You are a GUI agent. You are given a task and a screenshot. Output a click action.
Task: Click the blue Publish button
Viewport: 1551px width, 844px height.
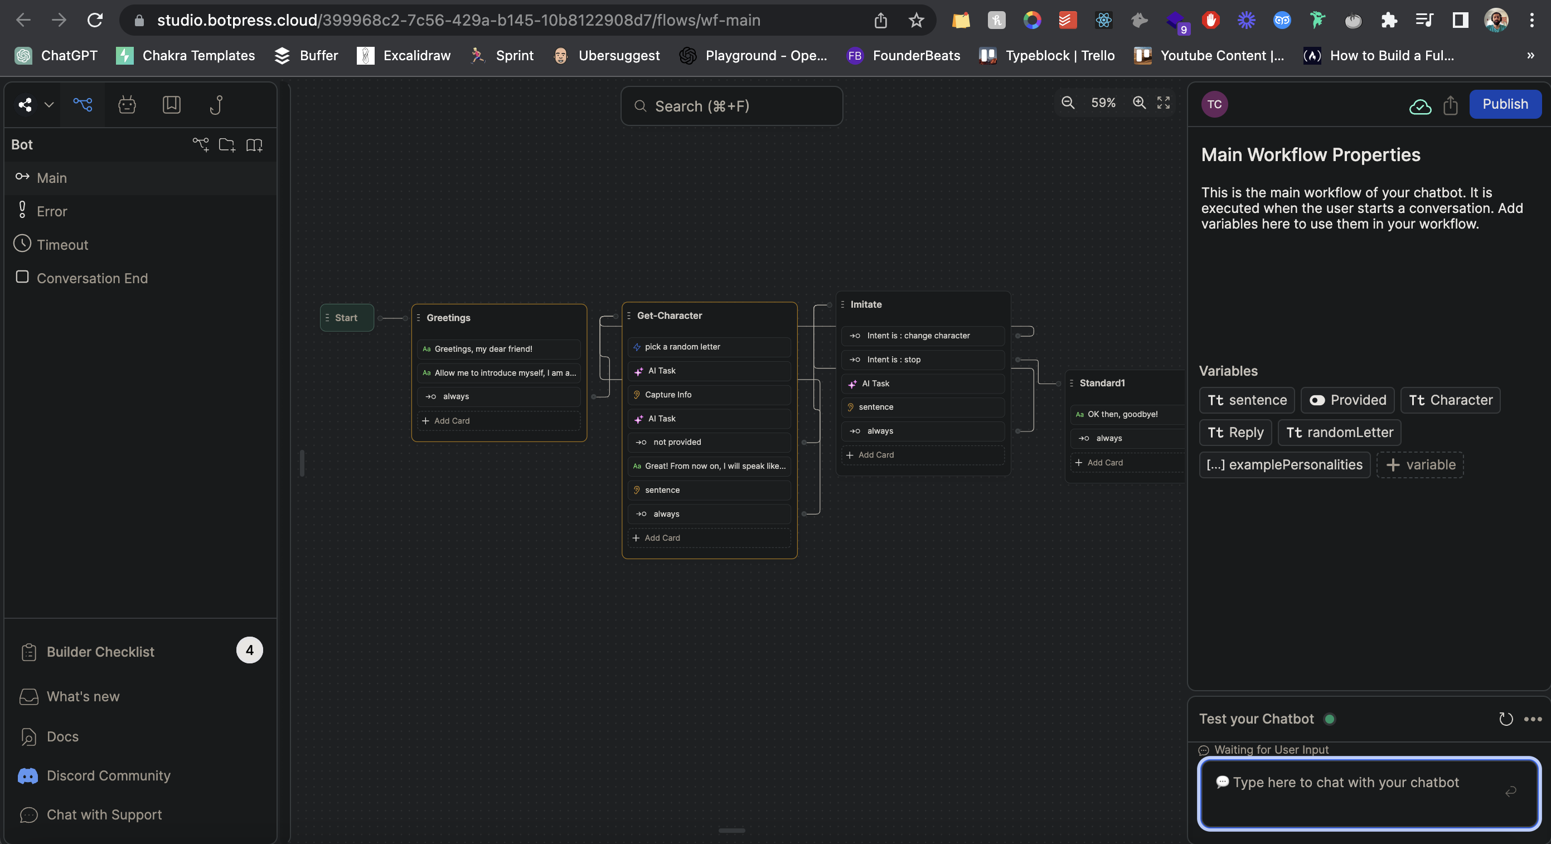(x=1505, y=104)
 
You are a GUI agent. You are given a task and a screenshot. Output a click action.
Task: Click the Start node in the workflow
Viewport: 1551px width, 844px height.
(x=346, y=318)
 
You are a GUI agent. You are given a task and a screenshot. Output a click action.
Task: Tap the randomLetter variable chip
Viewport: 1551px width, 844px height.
(x=1339, y=432)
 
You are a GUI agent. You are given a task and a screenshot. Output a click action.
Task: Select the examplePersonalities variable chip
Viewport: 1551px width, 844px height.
(x=1285, y=465)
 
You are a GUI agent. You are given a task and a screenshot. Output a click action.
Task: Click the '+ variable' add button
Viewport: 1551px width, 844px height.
(x=1420, y=465)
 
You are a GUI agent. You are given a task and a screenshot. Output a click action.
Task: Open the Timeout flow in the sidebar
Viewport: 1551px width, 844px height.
(x=62, y=245)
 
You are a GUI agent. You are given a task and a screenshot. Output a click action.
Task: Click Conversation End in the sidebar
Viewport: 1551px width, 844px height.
(x=91, y=278)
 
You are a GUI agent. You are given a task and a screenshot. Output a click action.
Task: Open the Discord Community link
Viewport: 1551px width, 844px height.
(x=108, y=775)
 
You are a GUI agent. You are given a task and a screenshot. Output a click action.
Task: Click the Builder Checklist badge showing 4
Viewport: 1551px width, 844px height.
(x=249, y=650)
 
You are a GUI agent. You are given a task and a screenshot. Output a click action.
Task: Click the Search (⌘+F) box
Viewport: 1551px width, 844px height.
(x=731, y=106)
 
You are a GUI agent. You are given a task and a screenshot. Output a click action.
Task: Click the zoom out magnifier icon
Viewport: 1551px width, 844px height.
(x=1068, y=103)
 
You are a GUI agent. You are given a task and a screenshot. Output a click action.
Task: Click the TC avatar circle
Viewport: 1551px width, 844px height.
(x=1214, y=104)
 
